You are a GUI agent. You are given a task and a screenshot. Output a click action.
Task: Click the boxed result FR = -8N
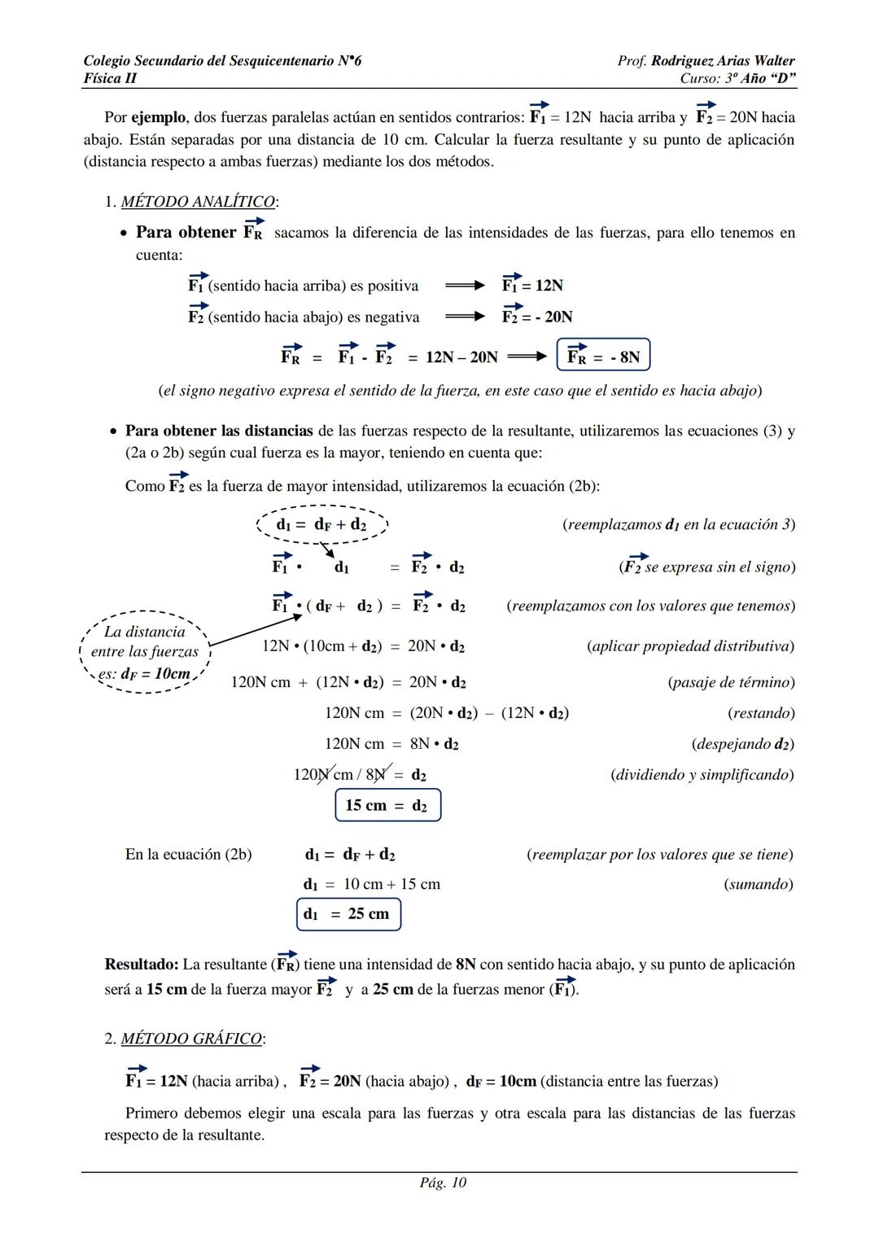point(603,356)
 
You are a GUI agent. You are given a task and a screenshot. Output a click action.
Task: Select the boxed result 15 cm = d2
point(387,805)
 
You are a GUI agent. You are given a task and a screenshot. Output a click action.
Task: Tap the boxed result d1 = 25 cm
point(348,913)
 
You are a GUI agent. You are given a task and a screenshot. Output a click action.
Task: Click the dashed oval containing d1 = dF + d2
point(322,525)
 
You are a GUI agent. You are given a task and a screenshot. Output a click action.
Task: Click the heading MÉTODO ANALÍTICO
point(198,201)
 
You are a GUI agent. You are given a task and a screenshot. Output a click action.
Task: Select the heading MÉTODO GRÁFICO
point(192,1039)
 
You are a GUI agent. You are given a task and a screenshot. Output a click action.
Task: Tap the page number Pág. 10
point(443,1182)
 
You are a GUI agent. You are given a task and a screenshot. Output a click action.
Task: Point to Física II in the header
point(110,78)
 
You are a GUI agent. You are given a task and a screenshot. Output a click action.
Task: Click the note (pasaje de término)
point(731,682)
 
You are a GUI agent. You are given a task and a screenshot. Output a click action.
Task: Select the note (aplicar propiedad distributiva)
point(690,646)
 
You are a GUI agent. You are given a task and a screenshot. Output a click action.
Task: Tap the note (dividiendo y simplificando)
point(702,774)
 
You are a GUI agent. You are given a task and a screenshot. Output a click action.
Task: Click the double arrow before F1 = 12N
point(465,286)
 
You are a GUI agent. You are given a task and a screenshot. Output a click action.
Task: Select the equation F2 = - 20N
point(537,316)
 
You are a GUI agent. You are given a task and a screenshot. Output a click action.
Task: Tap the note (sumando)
point(758,884)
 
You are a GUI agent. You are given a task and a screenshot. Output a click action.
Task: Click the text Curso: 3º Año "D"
point(737,78)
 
